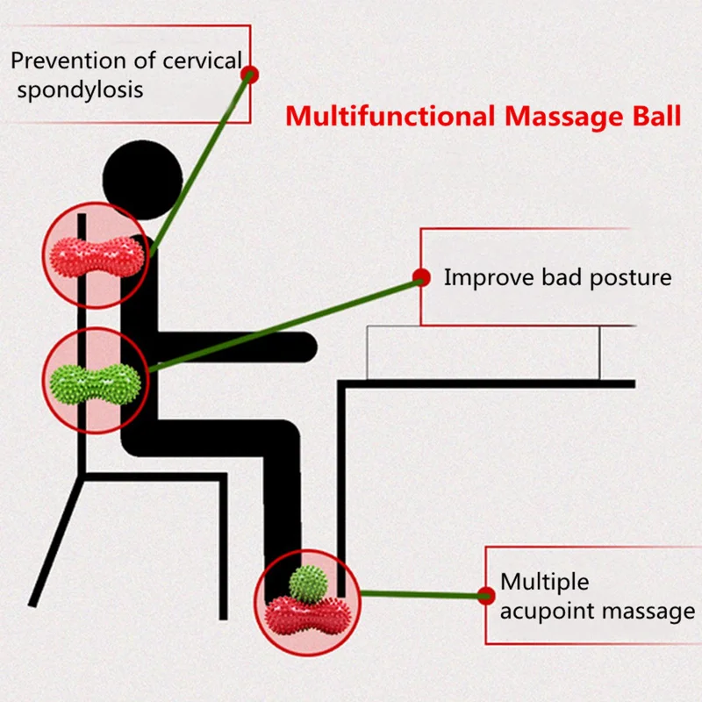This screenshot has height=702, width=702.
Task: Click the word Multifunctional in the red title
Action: coord(390,116)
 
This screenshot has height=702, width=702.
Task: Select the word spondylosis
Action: coord(80,90)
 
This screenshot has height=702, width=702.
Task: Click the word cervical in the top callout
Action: coord(202,61)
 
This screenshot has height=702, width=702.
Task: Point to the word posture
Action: coord(630,278)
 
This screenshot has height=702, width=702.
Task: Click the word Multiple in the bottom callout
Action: coord(544,582)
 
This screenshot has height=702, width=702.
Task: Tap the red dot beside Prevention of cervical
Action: coord(250,75)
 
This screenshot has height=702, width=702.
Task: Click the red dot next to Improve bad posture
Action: coord(421,277)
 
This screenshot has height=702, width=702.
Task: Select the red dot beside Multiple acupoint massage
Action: coord(486,596)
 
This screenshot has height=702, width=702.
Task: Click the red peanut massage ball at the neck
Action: coord(97,257)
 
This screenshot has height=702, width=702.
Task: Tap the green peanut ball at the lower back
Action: coord(96,384)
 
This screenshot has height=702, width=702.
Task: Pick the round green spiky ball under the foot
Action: coord(308,584)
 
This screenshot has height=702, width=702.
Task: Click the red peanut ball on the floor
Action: coord(308,615)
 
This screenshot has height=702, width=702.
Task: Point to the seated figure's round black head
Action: coord(142,180)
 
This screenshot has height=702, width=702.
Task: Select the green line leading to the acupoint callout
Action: coord(423,595)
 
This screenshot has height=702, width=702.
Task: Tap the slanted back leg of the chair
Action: coord(56,541)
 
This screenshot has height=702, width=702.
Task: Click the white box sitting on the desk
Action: coord(484,353)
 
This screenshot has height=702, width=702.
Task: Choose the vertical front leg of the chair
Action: coord(223,547)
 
